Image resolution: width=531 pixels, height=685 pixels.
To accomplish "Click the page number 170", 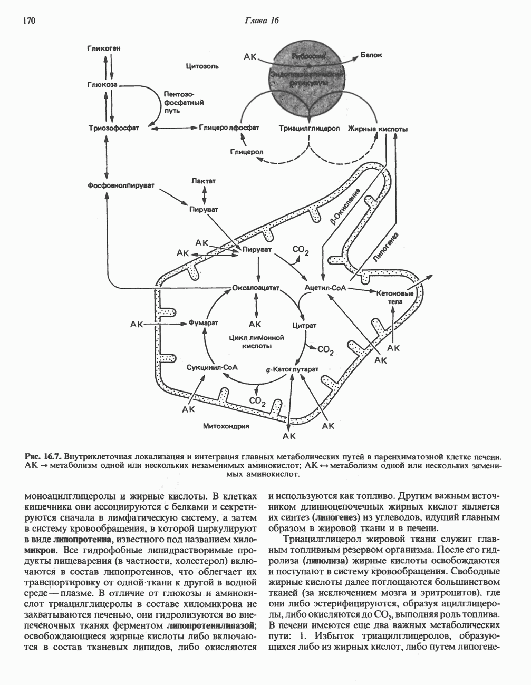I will pos(28,21).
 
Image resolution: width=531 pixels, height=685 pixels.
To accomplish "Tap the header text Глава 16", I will pos(261,21).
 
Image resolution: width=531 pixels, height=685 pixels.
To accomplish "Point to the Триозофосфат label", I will pos(113,128).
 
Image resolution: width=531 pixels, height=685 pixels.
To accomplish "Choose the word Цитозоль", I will pos(202,66).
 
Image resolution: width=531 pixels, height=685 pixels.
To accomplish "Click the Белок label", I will pos(371,55).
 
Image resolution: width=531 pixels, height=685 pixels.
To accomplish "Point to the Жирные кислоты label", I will pos(378,129).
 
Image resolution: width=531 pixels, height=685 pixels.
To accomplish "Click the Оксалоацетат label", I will pos(255,288).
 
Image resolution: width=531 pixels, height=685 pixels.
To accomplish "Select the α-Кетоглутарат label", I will pos(292,370).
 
